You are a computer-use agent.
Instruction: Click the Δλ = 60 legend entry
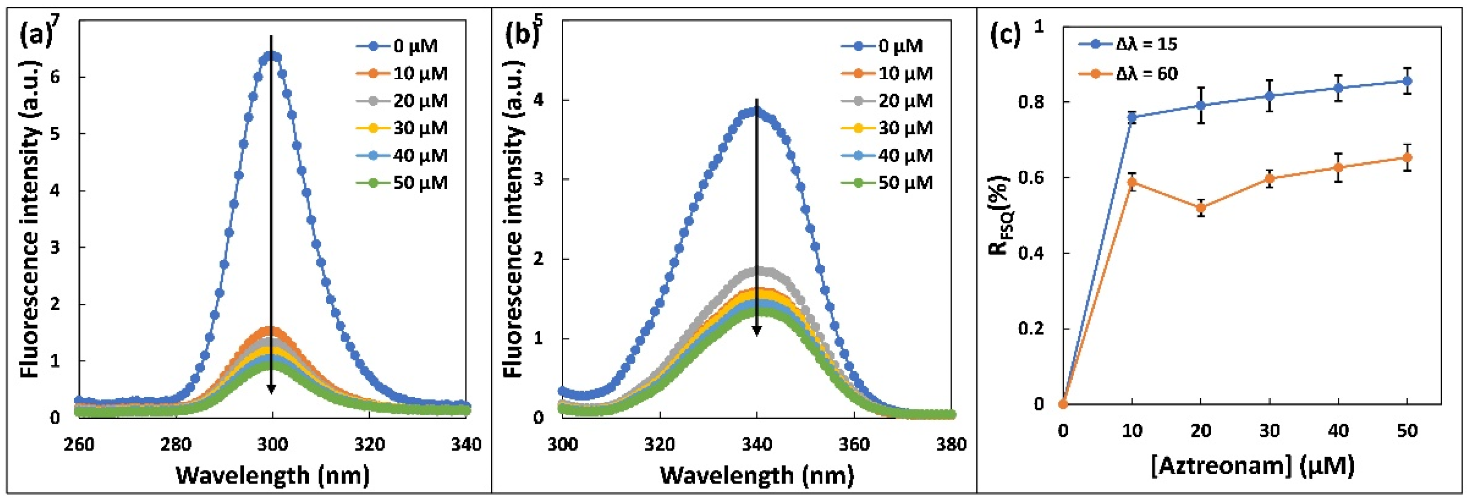[x=1128, y=74]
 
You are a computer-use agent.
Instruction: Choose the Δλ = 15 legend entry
[x=1128, y=44]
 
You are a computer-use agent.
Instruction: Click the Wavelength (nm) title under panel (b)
[x=757, y=475]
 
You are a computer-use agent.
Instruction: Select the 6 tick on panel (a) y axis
[x=55, y=77]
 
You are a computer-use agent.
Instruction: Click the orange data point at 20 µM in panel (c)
[x=1201, y=208]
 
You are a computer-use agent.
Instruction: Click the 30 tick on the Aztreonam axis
[x=1269, y=431]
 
